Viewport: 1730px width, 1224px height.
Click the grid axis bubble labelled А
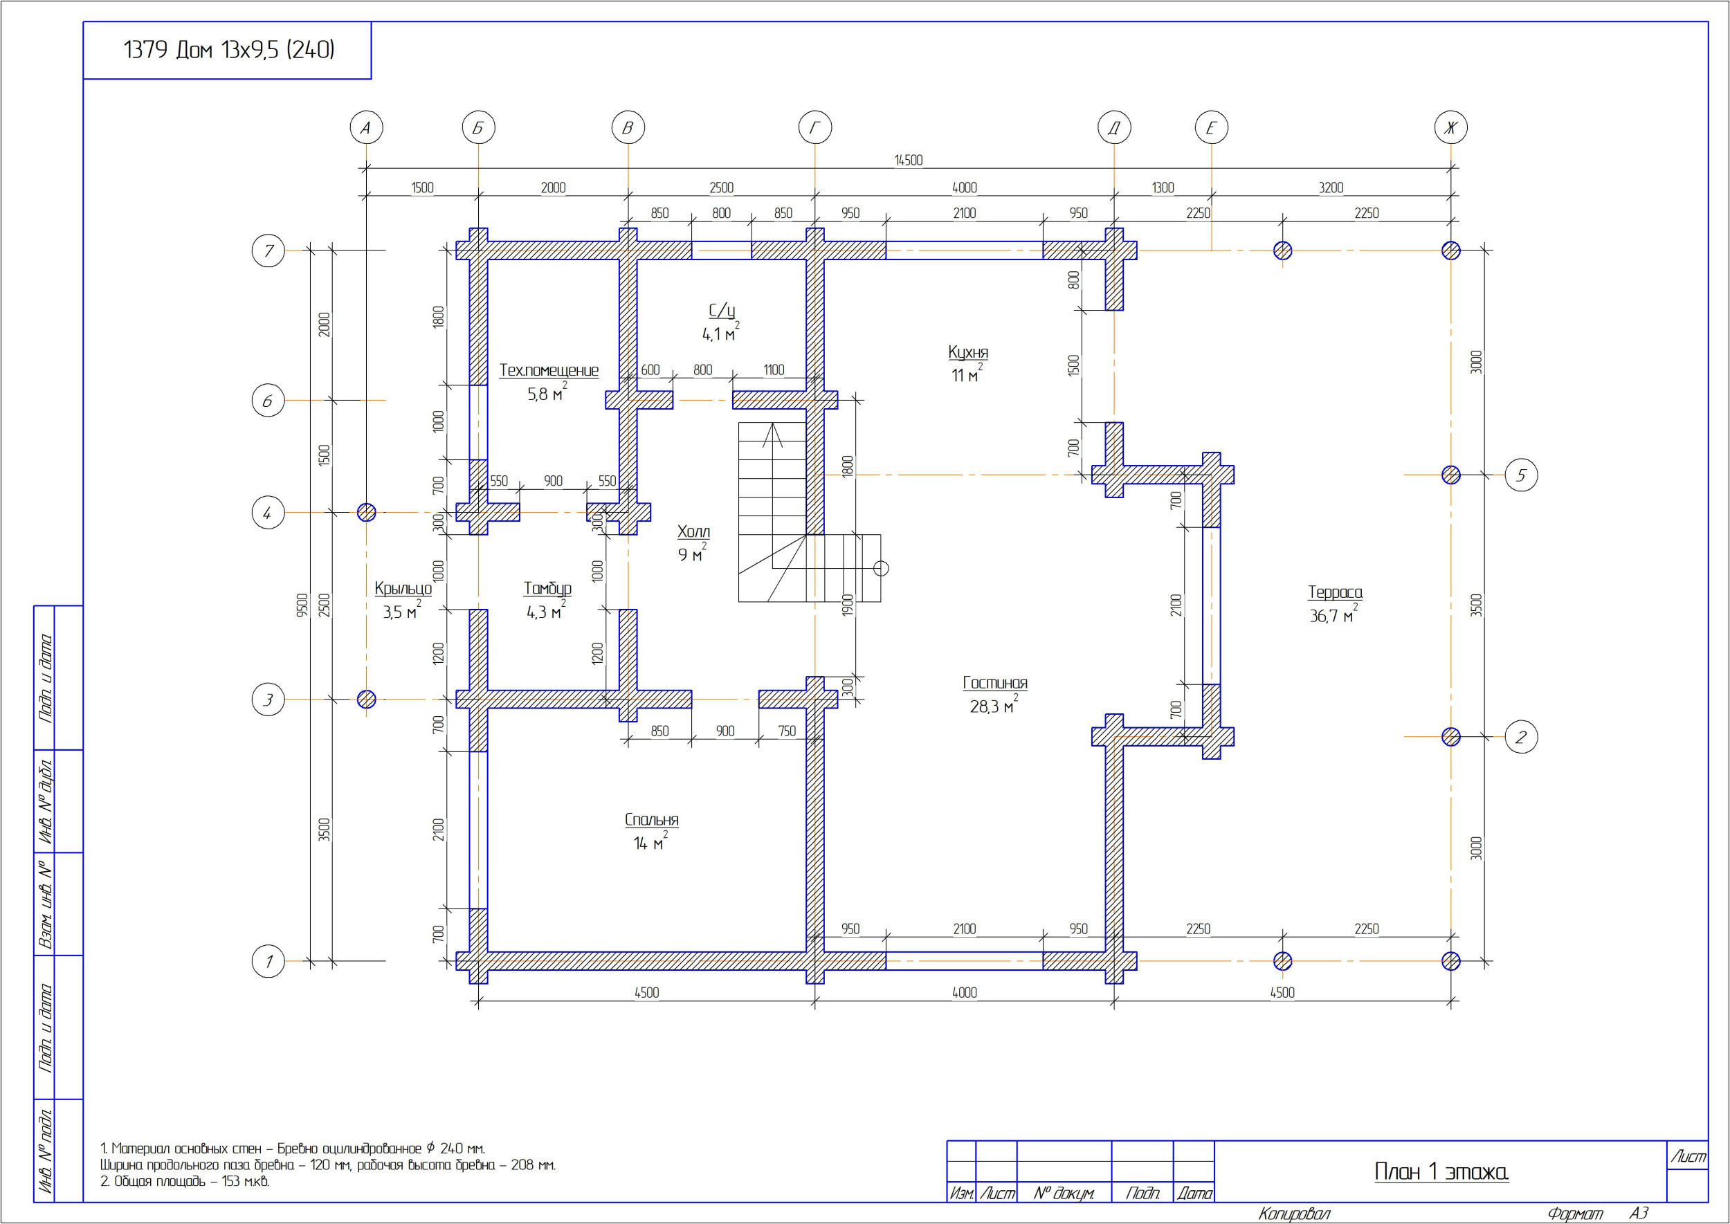coord(366,127)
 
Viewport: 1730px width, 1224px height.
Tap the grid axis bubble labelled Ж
coord(1450,127)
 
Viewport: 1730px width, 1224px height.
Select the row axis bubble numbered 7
coord(268,250)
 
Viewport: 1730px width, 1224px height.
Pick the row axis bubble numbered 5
coord(1521,475)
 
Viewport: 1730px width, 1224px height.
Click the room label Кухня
coord(968,352)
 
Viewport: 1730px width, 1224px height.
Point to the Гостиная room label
coord(995,683)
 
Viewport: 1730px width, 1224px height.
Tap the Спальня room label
coord(651,819)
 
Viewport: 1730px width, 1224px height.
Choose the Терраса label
coord(1335,592)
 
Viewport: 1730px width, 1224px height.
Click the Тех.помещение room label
coord(549,370)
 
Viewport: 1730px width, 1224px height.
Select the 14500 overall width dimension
coord(909,160)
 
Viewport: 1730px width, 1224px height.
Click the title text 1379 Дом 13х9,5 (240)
coord(228,50)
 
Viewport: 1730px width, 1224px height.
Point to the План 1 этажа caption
coord(1441,1171)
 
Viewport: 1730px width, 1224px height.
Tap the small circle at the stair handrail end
coord(880,568)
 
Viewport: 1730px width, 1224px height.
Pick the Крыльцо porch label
coord(403,589)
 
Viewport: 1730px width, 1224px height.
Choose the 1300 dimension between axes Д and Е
coord(1163,188)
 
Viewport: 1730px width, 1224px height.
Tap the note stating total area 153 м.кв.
coord(185,1181)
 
